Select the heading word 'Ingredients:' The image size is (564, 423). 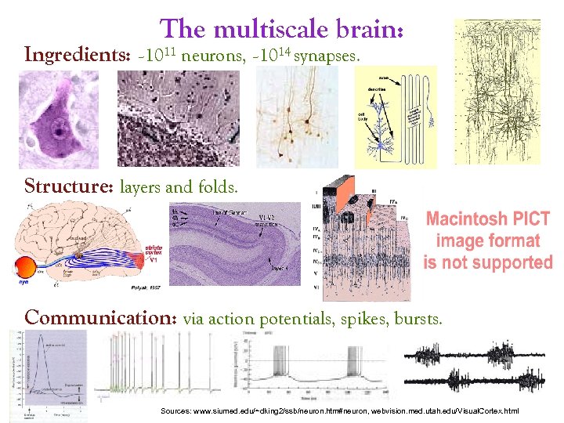point(70,56)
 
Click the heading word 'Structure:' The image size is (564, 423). point(70,188)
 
